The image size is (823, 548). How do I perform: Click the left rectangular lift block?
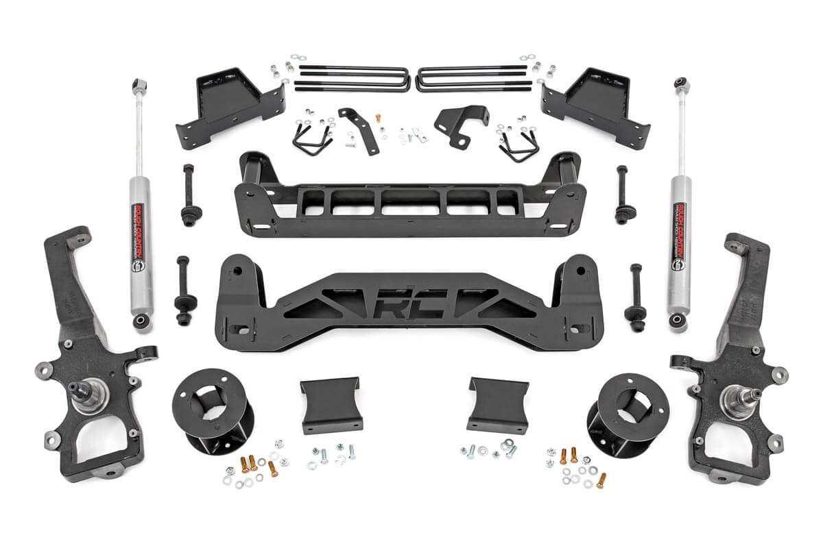[331, 404]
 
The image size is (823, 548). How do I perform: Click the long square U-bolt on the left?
[351, 78]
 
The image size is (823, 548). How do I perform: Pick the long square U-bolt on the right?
[473, 78]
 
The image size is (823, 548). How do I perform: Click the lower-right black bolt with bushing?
[636, 295]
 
